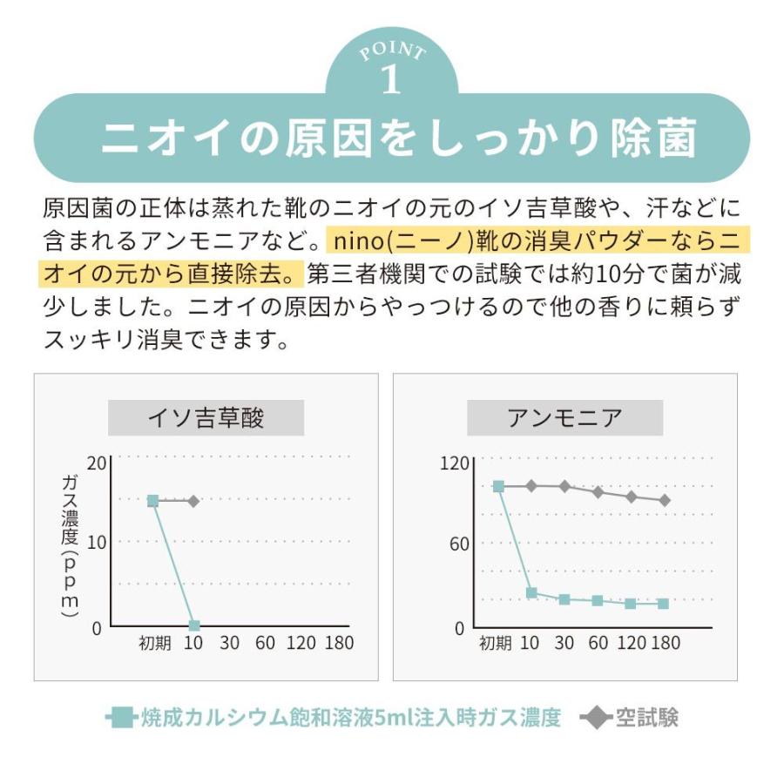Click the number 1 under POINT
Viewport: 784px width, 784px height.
coord(391,79)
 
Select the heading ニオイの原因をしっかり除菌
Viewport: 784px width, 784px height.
coord(391,139)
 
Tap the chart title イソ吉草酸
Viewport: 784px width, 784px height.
coord(206,418)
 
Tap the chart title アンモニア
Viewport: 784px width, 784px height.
coord(564,418)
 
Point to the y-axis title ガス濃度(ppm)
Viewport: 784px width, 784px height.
coord(71,544)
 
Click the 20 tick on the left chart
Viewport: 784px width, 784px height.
coord(96,463)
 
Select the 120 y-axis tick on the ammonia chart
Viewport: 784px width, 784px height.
coord(454,463)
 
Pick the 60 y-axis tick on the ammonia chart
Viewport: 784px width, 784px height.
coord(458,544)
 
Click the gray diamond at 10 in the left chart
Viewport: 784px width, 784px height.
coord(193,501)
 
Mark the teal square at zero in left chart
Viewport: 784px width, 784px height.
coord(194,625)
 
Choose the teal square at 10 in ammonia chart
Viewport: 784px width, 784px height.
coord(531,593)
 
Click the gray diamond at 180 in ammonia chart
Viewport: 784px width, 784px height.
coord(665,500)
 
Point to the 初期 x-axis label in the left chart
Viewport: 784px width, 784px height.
coord(154,644)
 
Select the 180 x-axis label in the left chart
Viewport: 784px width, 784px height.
coord(339,644)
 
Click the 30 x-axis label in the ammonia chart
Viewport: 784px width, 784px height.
coord(564,644)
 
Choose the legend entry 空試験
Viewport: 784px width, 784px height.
coord(646,718)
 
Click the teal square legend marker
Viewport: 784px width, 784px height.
coord(123,718)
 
